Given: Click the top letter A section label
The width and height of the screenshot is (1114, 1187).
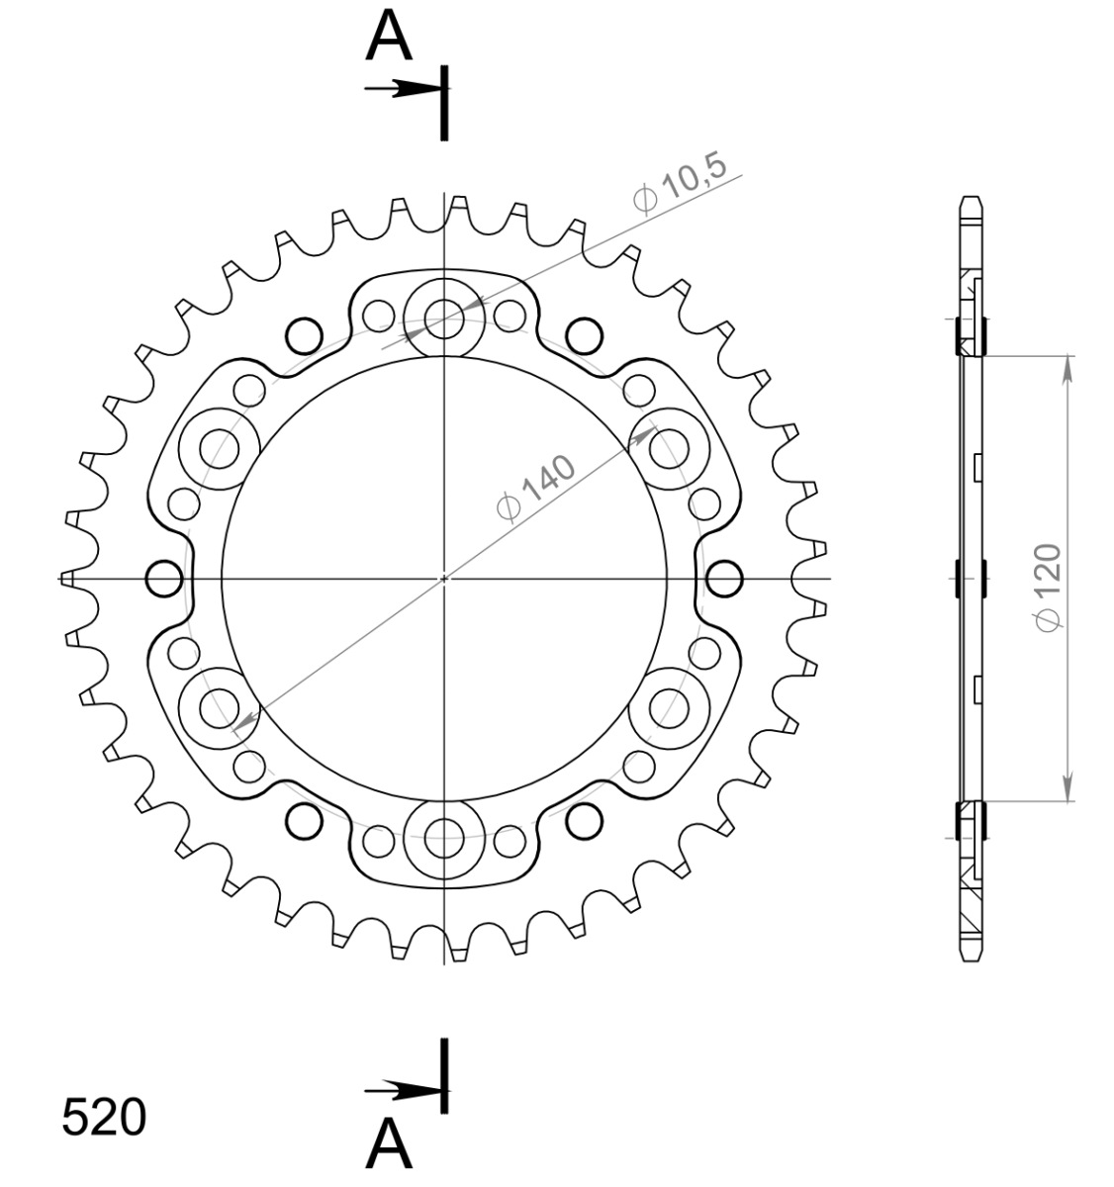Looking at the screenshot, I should tap(389, 38).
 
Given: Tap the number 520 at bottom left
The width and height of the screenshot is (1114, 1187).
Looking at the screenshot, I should tap(104, 1118).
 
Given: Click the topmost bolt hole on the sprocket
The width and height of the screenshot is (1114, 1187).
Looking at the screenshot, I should tap(442, 316).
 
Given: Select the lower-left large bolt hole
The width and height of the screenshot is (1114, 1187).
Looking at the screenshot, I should tap(219, 707).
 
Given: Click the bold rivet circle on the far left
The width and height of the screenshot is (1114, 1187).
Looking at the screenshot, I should tap(163, 578).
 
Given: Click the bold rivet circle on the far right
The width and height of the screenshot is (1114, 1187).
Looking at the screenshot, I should tap(724, 578).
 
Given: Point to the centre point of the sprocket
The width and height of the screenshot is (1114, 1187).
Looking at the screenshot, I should tap(444, 578).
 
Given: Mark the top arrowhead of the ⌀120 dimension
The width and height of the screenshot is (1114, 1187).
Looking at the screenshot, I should tap(1068, 368).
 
